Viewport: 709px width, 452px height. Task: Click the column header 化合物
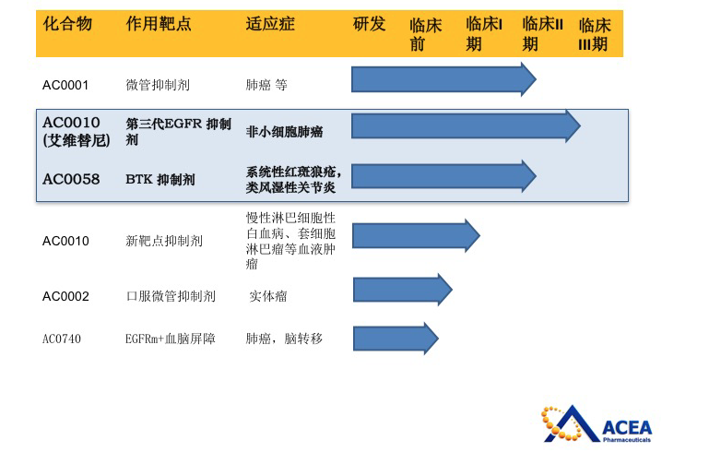tap(67, 24)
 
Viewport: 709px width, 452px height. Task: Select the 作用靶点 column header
tap(159, 24)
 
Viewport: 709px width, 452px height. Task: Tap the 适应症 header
tap(270, 24)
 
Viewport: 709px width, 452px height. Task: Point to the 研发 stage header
tap(369, 24)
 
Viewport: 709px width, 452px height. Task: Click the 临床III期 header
tap(595, 34)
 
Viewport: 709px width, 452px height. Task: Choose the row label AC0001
tap(65, 85)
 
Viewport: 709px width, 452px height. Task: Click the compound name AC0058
tap(71, 179)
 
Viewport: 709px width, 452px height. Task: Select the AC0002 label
tap(65, 296)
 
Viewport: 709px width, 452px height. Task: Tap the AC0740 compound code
tap(62, 339)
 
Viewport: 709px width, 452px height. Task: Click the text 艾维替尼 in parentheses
tap(77, 141)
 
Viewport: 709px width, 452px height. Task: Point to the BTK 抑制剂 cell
tap(160, 180)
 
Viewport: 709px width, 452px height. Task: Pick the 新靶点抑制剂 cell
tap(164, 241)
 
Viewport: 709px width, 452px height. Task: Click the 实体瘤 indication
tap(268, 296)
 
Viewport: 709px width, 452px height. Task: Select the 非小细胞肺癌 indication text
tap(284, 132)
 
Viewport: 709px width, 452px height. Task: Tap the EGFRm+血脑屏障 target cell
tap(171, 339)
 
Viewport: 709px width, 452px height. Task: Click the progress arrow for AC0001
tap(443, 79)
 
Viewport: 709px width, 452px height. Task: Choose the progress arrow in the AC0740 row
tap(396, 338)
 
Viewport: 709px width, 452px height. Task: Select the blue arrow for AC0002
tap(402, 290)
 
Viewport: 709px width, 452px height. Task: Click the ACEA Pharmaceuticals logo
tap(597, 424)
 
